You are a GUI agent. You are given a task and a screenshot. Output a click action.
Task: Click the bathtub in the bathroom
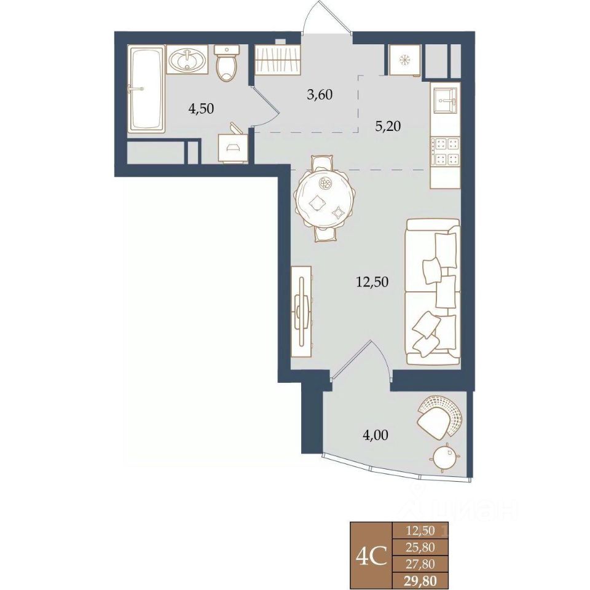point(147,88)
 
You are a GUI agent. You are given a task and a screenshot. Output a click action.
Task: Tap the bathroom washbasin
point(187,60)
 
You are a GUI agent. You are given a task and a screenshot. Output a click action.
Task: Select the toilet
point(227,63)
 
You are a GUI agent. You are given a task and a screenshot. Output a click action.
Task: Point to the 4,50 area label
point(201,109)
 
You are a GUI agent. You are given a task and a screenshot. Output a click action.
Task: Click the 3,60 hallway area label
point(320,95)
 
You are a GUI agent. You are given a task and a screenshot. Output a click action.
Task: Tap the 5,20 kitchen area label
point(388,126)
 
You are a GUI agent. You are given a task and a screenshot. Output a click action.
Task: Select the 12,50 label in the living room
point(372,281)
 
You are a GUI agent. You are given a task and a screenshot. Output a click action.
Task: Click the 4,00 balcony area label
point(375,435)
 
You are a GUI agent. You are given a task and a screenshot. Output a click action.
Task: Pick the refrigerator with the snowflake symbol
point(405,60)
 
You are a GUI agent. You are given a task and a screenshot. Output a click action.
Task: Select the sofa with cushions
point(433,292)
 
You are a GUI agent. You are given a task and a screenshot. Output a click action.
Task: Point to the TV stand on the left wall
point(302,311)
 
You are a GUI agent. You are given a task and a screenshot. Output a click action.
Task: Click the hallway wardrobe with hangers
point(278,60)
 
